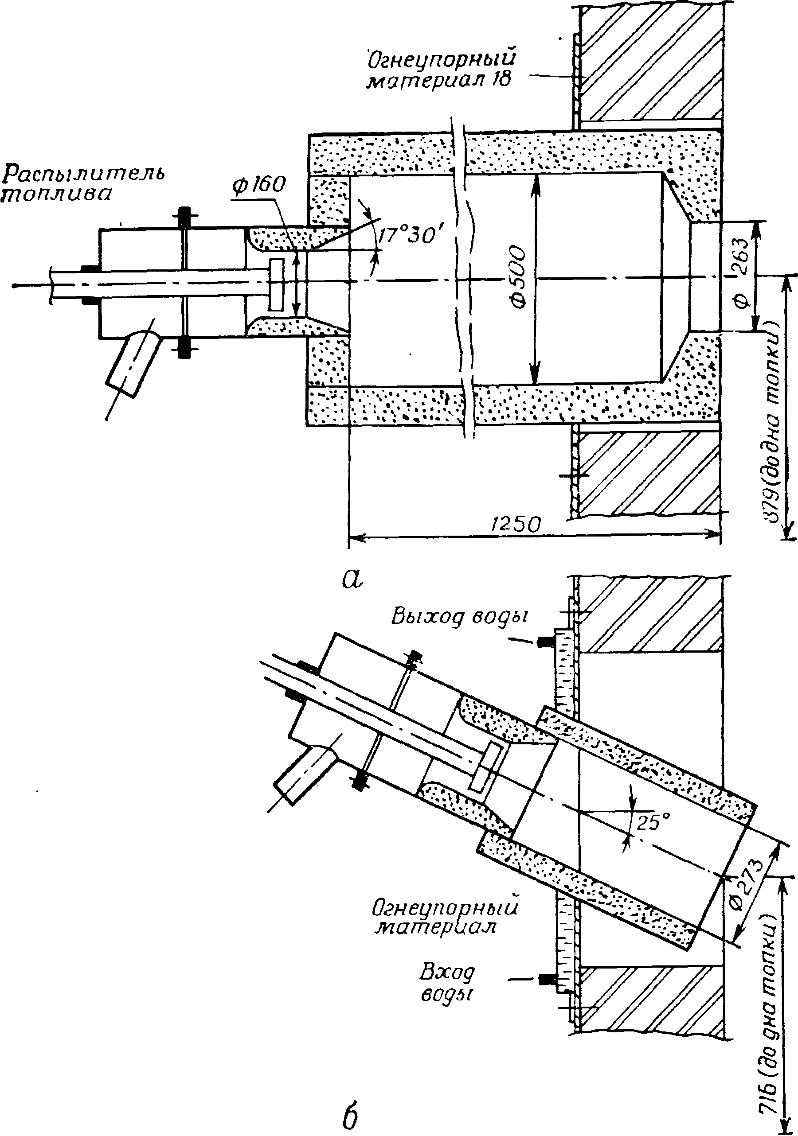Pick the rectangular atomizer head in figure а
point(277,282)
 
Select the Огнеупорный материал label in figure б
point(445,916)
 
